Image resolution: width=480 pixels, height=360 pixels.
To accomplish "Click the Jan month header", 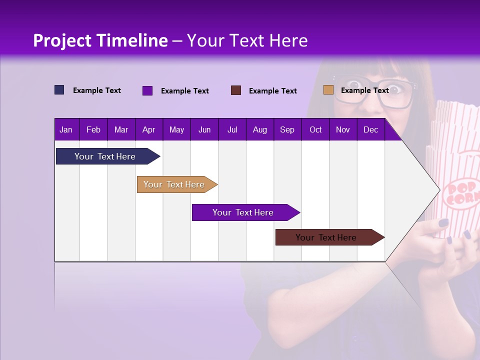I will point(66,130).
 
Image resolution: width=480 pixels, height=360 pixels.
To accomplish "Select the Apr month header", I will point(148,130).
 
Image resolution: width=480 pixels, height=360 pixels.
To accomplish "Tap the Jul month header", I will point(232,130).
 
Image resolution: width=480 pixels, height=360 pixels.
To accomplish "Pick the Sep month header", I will point(287,130).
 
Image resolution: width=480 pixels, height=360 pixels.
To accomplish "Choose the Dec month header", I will point(370,130).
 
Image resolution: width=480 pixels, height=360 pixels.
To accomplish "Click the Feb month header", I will point(93,130).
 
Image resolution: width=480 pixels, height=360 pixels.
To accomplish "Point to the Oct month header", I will point(315,130).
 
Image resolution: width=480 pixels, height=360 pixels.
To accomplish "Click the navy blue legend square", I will point(59,90).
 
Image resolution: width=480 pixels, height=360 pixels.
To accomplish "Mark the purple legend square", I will point(147,90).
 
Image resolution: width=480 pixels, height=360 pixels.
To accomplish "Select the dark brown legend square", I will point(236,90).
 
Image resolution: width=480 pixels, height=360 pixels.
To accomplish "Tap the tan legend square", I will point(328,90).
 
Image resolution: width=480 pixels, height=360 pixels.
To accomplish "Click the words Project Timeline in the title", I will point(100,40).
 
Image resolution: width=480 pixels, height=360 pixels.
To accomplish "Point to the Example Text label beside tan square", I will point(364,90).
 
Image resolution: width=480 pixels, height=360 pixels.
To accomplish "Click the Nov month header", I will point(343,130).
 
